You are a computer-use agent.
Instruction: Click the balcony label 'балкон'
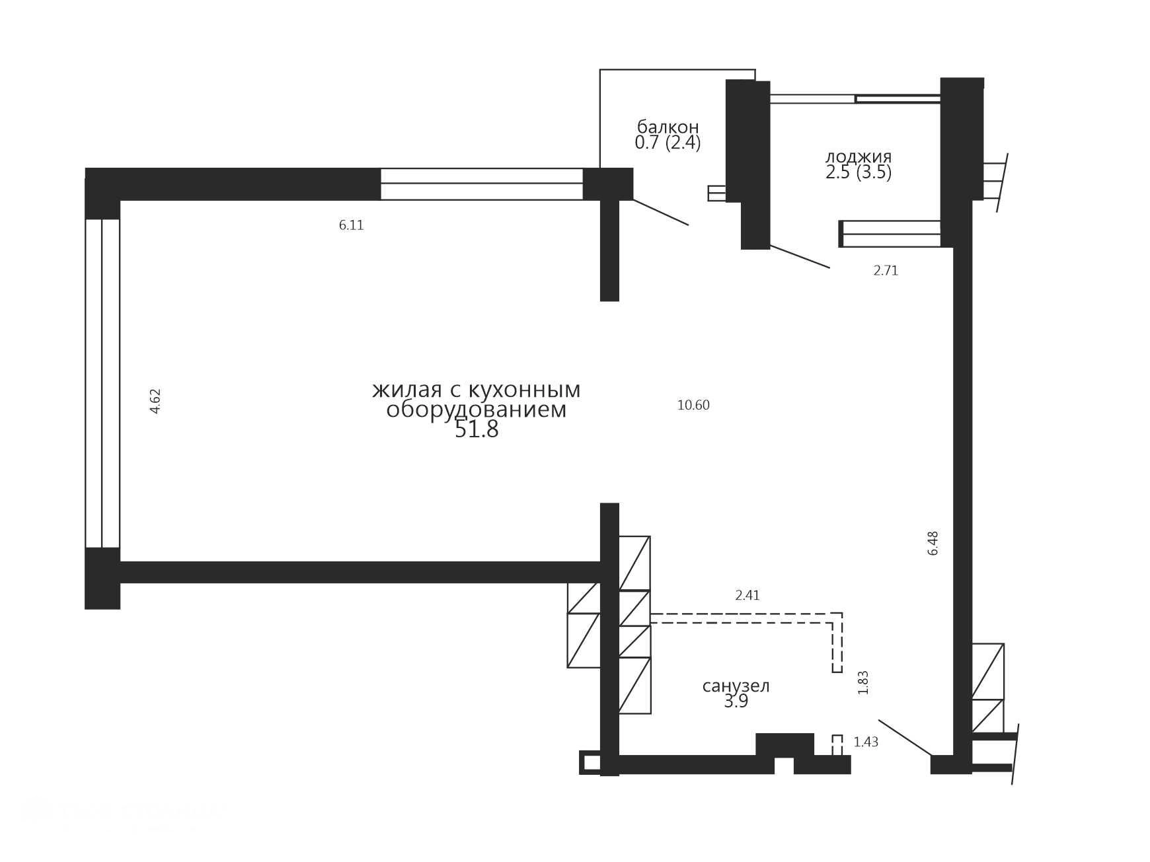pos(668,126)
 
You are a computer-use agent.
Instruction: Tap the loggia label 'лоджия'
pos(859,157)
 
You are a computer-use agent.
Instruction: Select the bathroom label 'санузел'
pos(736,686)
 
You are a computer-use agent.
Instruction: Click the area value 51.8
pos(477,430)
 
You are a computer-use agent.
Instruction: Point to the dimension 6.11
pos(352,225)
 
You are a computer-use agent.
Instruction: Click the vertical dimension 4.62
pos(155,401)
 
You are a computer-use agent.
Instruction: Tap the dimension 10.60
pos(693,405)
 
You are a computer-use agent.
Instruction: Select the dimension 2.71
pos(886,270)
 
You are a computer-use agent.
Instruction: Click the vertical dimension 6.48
pos(933,543)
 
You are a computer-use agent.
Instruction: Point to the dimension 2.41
pos(747,595)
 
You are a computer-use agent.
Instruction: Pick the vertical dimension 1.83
pos(862,682)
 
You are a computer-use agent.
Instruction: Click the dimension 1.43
pos(866,742)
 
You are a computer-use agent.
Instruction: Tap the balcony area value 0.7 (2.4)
pos(668,142)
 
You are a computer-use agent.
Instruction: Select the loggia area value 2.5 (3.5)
pos(859,172)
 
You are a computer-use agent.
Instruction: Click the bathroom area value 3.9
pos(736,701)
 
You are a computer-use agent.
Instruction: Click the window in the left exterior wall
pos(102,383)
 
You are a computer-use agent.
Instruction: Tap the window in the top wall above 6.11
pos(482,184)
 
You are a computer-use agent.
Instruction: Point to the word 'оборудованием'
pos(477,410)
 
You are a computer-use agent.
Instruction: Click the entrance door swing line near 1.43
pos(905,737)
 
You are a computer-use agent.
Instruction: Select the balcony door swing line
pos(661,212)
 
